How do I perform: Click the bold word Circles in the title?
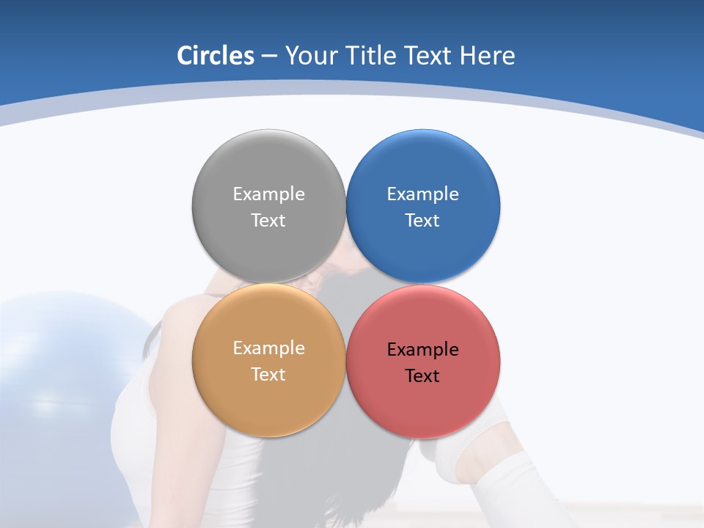[216, 56]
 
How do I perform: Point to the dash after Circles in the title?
[269, 56]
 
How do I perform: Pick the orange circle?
[268, 400]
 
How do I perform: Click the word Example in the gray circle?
[268, 194]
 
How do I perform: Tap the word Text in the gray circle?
[268, 221]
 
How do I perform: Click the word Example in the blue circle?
[422, 194]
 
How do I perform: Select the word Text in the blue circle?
[422, 221]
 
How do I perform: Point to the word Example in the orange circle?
[268, 348]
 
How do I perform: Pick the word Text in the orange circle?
[268, 375]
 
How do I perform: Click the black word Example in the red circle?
[422, 350]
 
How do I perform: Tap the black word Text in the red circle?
[422, 376]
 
